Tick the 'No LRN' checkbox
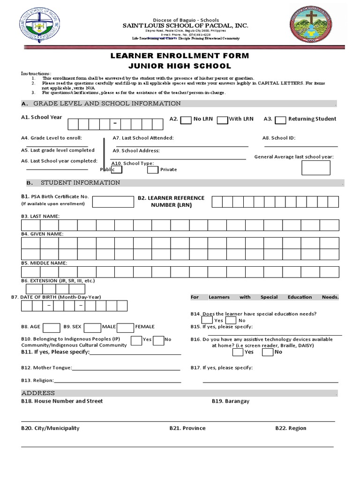186,120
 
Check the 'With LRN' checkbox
222,120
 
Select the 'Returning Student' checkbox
280,120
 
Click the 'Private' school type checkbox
153,170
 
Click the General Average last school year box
315,167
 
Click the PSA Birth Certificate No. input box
112,202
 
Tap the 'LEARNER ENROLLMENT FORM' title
180,56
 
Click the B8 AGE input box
52,327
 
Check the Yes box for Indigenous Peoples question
136,340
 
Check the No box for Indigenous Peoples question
158,340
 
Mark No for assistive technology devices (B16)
267,352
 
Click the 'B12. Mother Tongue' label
46,368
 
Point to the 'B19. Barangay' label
230,401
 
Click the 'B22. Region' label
291,428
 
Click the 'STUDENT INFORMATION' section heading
80,183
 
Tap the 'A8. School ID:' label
278,138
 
